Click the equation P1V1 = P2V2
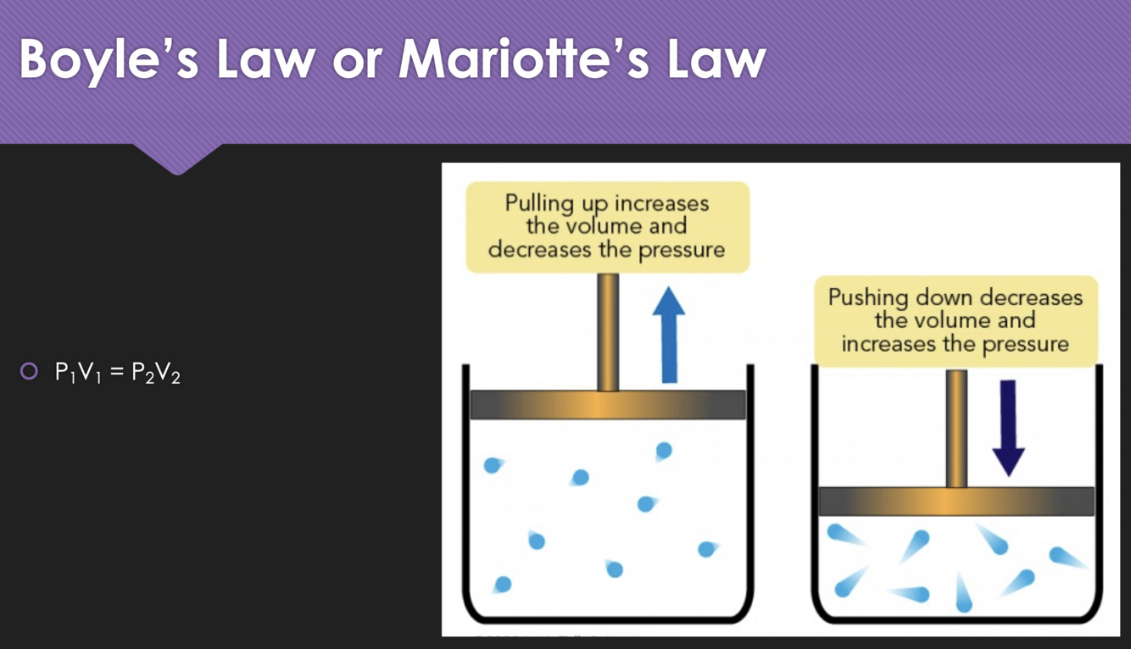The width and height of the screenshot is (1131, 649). point(118,373)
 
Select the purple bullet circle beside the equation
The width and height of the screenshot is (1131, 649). point(30,371)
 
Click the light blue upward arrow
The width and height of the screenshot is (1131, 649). point(669,334)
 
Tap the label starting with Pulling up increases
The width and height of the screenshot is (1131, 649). point(607,226)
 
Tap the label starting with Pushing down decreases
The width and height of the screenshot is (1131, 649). point(955,321)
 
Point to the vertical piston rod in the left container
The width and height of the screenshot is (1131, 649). point(608,330)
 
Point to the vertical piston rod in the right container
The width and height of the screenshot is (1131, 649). point(956,428)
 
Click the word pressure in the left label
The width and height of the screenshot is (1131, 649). point(683,251)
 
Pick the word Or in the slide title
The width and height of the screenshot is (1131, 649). point(357,59)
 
